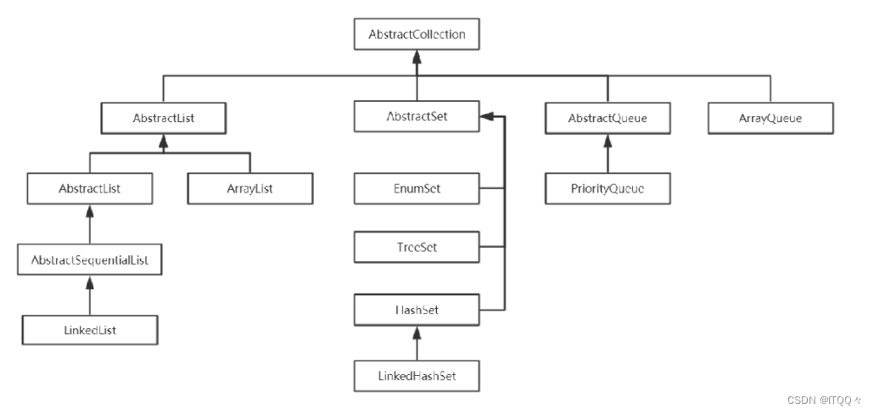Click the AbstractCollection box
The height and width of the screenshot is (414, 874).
(x=417, y=35)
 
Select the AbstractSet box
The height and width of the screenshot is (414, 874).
(x=417, y=116)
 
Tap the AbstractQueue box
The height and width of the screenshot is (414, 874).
(x=608, y=118)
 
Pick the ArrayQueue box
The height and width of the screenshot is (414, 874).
(x=770, y=118)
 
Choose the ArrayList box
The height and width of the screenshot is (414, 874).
(x=250, y=188)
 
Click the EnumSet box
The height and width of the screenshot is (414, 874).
(x=417, y=188)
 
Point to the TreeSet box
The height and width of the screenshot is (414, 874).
(x=417, y=247)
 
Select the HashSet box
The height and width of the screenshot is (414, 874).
(x=417, y=310)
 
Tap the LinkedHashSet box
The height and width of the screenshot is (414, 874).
(x=417, y=376)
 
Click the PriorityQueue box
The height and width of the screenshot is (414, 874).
(x=608, y=188)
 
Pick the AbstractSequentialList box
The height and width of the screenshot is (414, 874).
(x=90, y=259)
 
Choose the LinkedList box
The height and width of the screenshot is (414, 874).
(x=90, y=330)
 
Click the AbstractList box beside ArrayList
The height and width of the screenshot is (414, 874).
(x=90, y=188)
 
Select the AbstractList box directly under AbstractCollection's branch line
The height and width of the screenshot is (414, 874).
(x=163, y=118)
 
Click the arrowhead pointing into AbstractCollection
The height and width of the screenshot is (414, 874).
(x=417, y=56)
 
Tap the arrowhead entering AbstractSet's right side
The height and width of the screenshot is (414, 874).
(x=486, y=116)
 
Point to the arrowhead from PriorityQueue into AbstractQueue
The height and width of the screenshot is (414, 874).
(x=608, y=141)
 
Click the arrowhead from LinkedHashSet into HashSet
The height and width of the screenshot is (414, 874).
(x=417, y=333)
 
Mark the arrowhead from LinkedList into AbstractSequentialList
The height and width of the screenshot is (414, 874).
(x=90, y=282)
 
